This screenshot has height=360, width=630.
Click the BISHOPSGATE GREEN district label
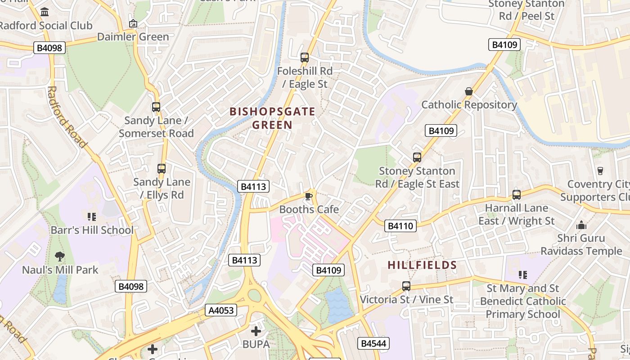point(272,118)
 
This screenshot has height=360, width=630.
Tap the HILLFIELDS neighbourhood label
point(422,265)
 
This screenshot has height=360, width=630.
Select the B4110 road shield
point(400,226)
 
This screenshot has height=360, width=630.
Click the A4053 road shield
point(221,310)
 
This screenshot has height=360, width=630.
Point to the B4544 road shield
point(373,343)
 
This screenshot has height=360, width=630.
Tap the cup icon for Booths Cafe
point(309,196)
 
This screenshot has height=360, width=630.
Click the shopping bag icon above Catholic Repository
point(469,92)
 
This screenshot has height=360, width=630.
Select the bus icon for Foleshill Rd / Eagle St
point(305,58)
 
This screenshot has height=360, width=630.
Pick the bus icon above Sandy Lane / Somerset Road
point(156,107)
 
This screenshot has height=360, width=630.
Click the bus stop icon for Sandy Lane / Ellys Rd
point(162,169)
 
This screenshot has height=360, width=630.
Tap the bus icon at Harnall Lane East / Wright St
point(517,195)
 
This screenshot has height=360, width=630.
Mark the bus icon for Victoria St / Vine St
point(406,286)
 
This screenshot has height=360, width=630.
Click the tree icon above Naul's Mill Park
point(59,256)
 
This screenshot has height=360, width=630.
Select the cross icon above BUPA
point(256,332)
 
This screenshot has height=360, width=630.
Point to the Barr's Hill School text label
point(92,230)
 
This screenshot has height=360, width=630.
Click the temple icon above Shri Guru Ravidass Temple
point(581,225)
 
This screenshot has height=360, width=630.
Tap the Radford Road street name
point(66,117)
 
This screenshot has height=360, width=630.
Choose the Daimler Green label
point(133,37)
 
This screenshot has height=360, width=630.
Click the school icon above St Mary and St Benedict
point(522,274)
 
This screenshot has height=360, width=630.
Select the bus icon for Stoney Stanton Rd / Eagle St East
point(417,157)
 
